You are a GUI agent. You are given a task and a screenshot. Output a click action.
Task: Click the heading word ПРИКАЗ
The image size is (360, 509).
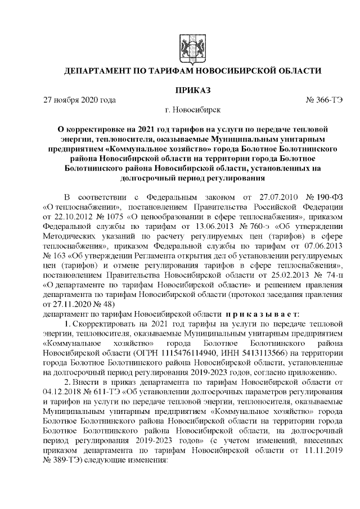(192, 89)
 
